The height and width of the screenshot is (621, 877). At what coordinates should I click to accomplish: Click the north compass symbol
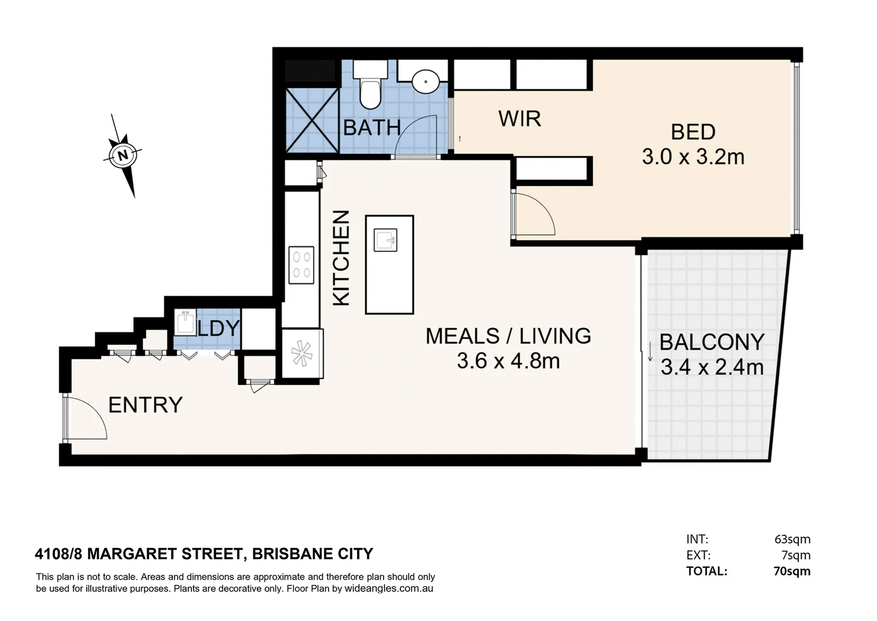coord(123,155)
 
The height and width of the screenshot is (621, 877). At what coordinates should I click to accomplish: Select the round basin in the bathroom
coord(426,80)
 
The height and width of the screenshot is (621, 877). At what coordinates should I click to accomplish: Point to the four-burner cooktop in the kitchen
coord(302,264)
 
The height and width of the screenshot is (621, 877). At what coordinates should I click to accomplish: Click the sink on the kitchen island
coord(385,240)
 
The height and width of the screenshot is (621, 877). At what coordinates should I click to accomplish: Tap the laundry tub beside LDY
coord(186,322)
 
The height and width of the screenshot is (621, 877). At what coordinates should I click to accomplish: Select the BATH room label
coord(372,128)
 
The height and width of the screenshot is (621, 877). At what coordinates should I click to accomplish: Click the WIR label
coord(519,119)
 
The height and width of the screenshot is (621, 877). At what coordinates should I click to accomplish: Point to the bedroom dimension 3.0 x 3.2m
coord(693,157)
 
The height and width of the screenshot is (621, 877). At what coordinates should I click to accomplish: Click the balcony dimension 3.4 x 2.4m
coord(712,367)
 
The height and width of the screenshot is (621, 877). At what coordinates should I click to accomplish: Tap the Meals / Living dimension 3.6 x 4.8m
coord(508,361)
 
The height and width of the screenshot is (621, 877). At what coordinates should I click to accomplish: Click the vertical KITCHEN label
coord(341,257)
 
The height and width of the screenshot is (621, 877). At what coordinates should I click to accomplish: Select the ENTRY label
coord(145,405)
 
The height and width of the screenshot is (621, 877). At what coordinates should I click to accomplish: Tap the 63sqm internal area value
coord(792,539)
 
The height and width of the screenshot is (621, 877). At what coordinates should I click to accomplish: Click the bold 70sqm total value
coord(791,571)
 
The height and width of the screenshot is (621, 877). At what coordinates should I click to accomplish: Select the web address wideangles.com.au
coord(388,589)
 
